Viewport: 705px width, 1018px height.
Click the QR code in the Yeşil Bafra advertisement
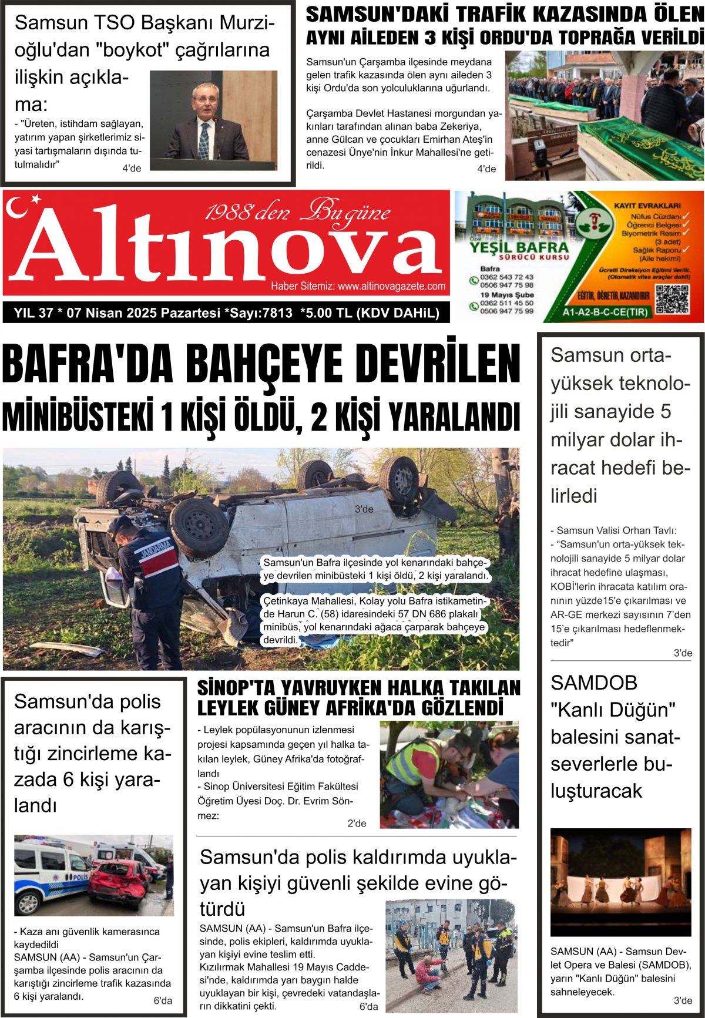pyautogui.click(x=672, y=299)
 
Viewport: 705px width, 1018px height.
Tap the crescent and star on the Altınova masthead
pyautogui.click(x=23, y=206)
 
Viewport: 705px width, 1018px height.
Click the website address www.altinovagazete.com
pyautogui.click(x=391, y=286)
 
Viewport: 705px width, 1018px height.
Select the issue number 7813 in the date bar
pyautogui.click(x=277, y=313)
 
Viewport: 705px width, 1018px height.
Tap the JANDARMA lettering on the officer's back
pyautogui.click(x=156, y=549)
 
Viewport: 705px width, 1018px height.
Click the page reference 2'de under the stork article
pyautogui.click(x=357, y=824)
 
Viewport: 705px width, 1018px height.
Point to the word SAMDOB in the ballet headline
pyautogui.click(x=594, y=683)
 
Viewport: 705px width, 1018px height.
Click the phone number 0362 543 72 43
pyautogui.click(x=506, y=277)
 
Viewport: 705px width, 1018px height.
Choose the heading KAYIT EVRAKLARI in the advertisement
pyautogui.click(x=647, y=206)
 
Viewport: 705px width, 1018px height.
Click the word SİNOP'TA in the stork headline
pyautogui.click(x=235, y=688)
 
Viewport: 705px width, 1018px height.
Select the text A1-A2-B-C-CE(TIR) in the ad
pyautogui.click(x=605, y=313)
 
